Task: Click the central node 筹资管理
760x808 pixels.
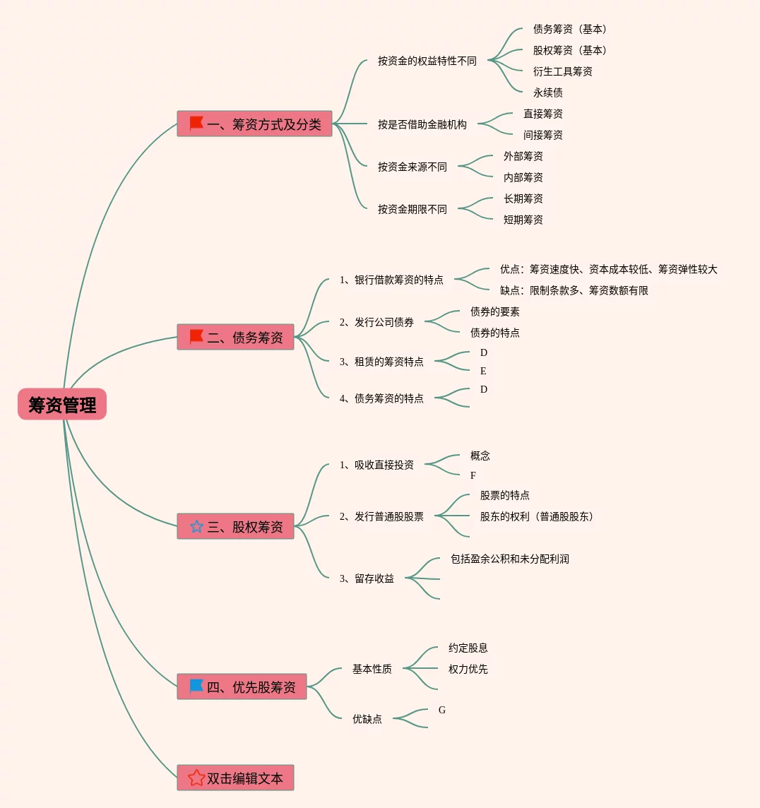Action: pyautogui.click(x=62, y=405)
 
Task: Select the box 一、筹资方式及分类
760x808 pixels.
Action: pyautogui.click(x=254, y=124)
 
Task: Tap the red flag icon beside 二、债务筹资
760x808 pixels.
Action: pyautogui.click(x=196, y=337)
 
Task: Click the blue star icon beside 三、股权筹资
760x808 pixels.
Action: pyautogui.click(x=196, y=526)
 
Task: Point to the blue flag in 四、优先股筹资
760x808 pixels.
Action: pyautogui.click(x=196, y=686)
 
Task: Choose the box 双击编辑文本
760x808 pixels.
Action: pyautogui.click(x=235, y=778)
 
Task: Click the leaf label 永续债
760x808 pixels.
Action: pyautogui.click(x=547, y=93)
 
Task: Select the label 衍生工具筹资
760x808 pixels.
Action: pyautogui.click(x=562, y=71)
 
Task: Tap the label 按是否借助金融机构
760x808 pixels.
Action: pyautogui.click(x=422, y=124)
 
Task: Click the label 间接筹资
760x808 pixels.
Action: pyautogui.click(x=542, y=135)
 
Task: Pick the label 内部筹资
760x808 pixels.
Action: pyautogui.click(x=523, y=177)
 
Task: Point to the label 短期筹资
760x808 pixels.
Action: pyautogui.click(x=523, y=220)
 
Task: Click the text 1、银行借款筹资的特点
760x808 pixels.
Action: pyautogui.click(x=391, y=280)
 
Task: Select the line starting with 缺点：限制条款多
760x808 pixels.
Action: pyautogui.click(x=574, y=290)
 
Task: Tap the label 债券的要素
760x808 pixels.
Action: pyautogui.click(x=494, y=311)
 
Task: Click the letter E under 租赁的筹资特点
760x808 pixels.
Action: pyautogui.click(x=483, y=371)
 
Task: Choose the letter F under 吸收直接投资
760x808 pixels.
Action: pyautogui.click(x=473, y=475)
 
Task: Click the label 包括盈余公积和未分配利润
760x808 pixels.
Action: pyautogui.click(x=509, y=559)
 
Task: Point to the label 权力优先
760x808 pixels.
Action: pyautogui.click(x=468, y=669)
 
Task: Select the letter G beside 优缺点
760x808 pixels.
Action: pyautogui.click(x=442, y=710)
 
